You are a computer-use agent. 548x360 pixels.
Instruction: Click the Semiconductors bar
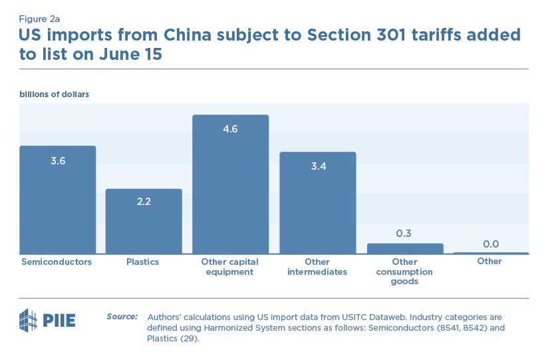coord(58,200)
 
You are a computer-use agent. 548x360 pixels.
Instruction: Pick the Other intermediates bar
coord(317,203)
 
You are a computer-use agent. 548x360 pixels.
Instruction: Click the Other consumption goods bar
coord(405,248)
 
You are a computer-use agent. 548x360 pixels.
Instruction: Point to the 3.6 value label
coord(58,160)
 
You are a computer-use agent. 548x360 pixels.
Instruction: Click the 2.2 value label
coord(144,202)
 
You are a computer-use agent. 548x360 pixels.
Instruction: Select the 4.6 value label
coord(231,129)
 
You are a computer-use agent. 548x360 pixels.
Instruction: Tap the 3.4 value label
coord(318,166)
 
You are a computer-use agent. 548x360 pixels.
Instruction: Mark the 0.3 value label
coord(404,234)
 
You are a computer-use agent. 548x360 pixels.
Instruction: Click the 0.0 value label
coord(491,244)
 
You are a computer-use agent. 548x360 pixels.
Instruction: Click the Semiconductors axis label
coord(57,262)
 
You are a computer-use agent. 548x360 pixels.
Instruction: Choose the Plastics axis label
coord(143,262)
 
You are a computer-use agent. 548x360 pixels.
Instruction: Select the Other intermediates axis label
coord(317,267)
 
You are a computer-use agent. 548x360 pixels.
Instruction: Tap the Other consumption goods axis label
coord(404,271)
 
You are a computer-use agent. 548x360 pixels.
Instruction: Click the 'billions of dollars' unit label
coord(55,94)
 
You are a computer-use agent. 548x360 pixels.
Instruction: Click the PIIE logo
coord(47,320)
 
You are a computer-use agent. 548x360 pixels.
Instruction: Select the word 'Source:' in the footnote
coord(122,316)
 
